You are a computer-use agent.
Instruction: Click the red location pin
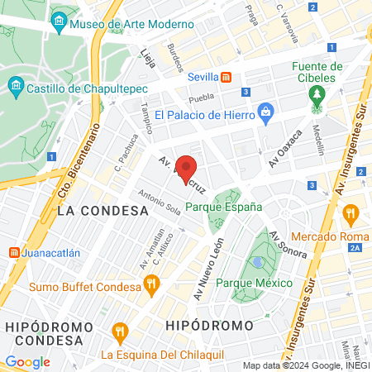point(187,169)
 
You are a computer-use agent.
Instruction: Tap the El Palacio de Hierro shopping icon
point(265,112)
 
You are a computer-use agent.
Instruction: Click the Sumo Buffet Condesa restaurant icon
point(150,286)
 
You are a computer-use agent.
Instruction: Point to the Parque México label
point(255,283)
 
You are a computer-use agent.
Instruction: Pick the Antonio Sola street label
point(160,201)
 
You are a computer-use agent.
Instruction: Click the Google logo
point(28,361)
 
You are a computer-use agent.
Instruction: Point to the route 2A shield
point(355,247)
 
